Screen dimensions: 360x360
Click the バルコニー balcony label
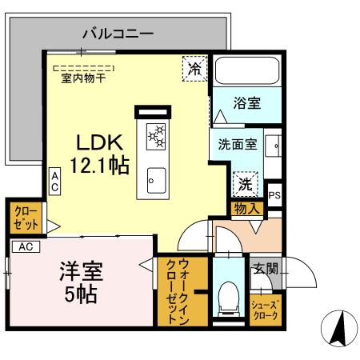tap(118, 34)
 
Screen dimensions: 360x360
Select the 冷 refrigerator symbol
tap(194, 68)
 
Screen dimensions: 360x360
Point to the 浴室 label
tap(246, 103)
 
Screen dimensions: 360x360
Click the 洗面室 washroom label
tap(238, 145)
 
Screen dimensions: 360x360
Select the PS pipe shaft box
tap(274, 194)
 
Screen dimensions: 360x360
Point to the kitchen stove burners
tap(155, 136)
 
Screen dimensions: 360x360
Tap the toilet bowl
tap(229, 298)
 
